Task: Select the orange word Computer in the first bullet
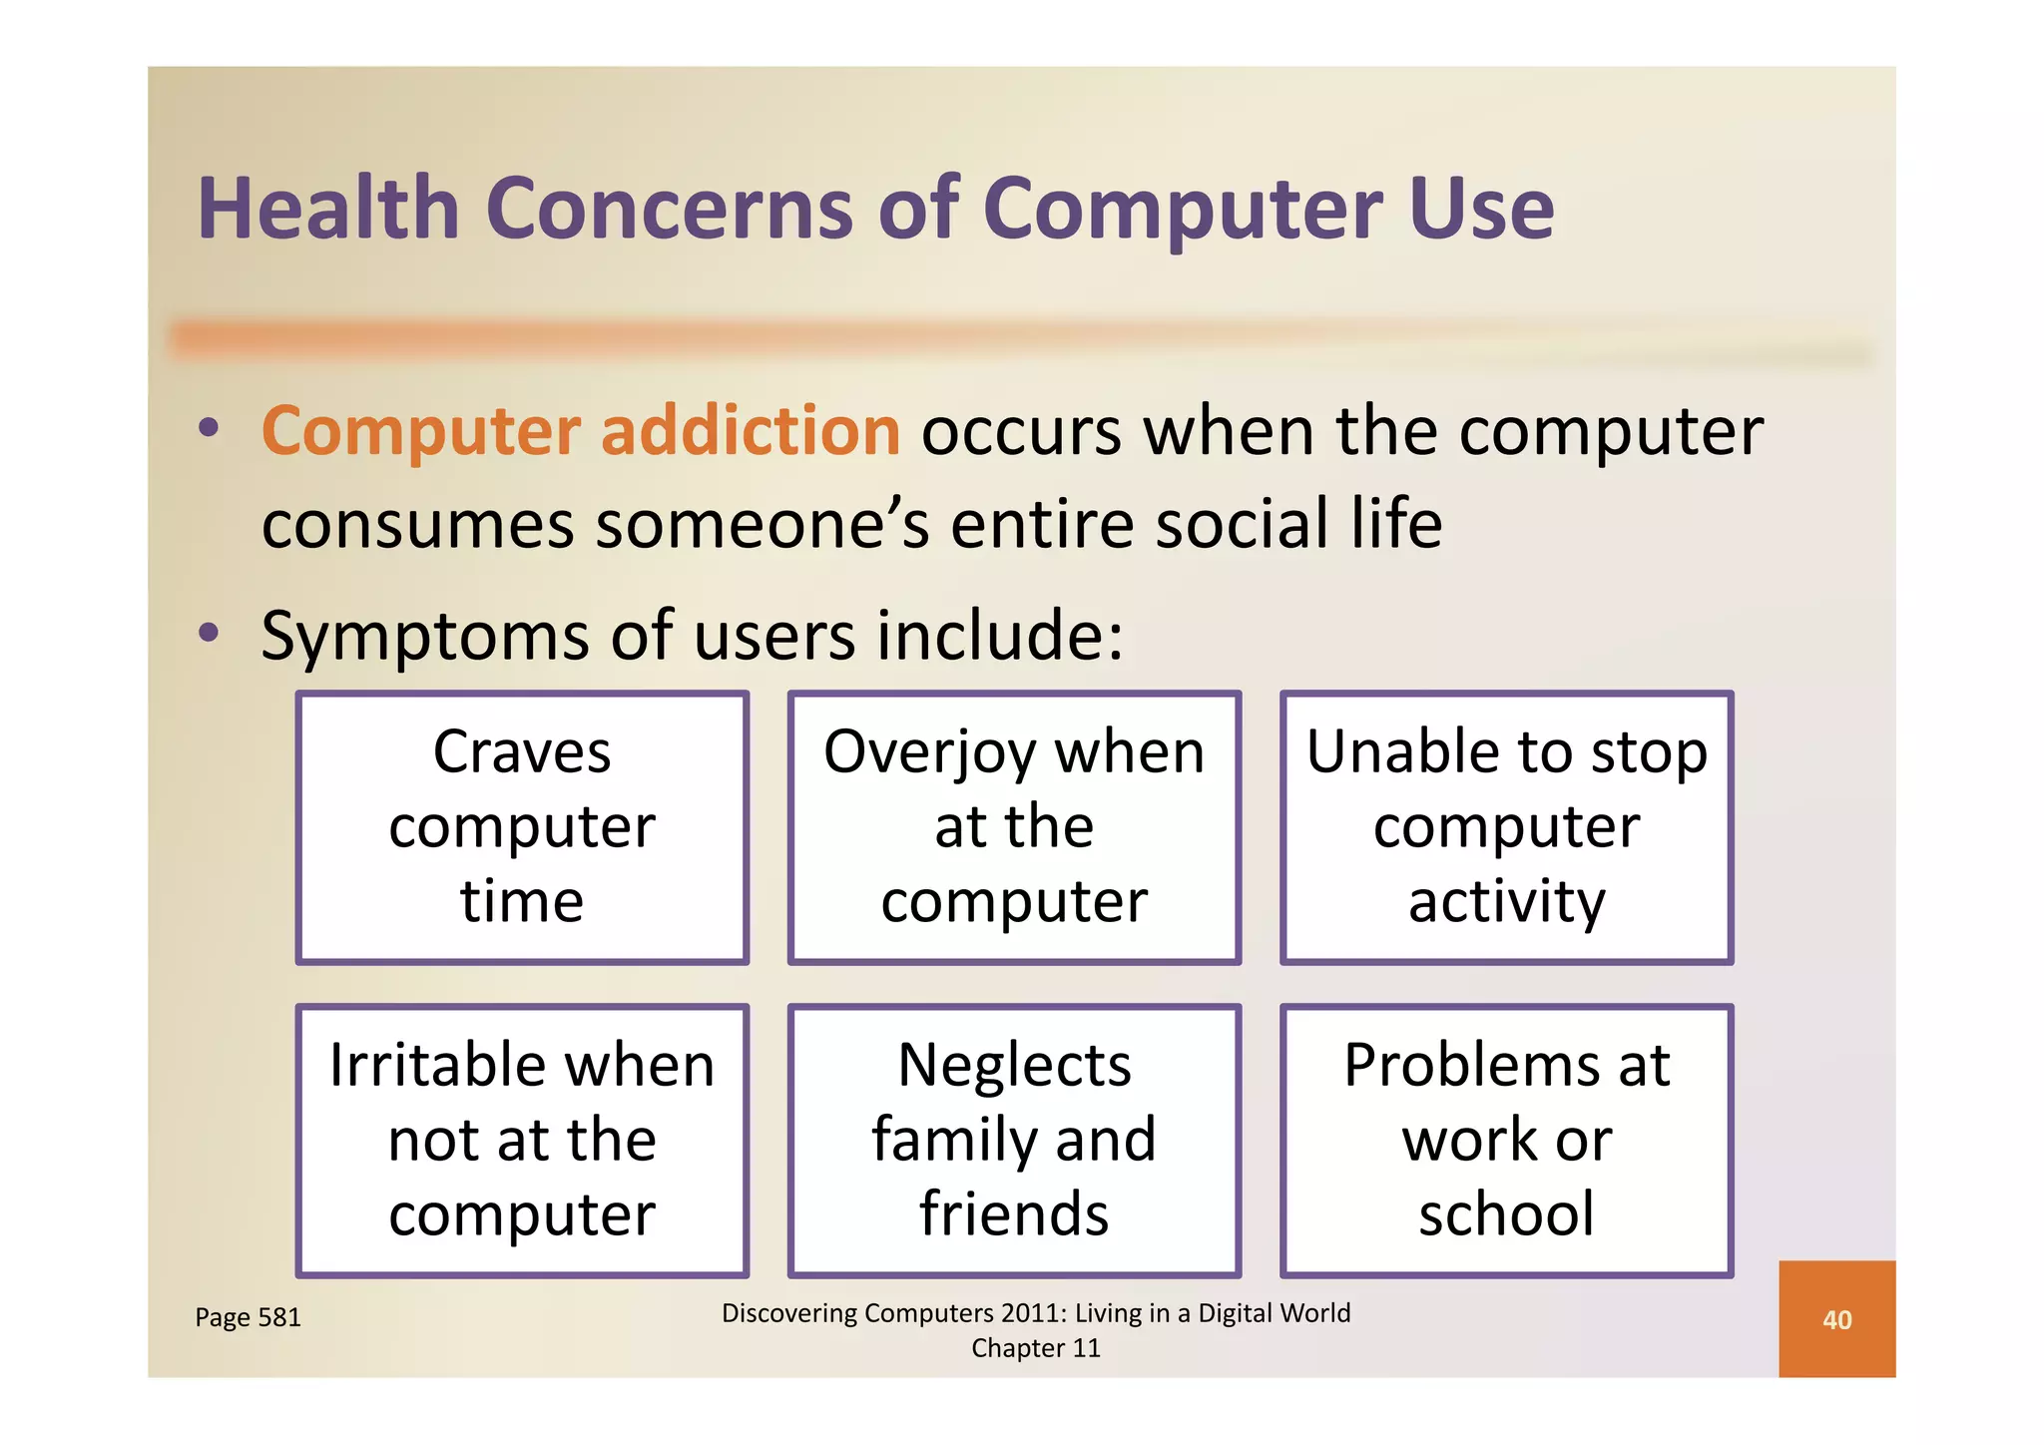click(420, 433)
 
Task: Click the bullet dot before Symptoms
click(208, 632)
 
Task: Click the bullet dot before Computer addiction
click(208, 428)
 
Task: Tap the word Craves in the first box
click(521, 751)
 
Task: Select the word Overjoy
click(929, 753)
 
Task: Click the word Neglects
click(1014, 1066)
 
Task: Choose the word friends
click(1014, 1213)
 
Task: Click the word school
click(1506, 1213)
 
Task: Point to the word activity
click(1506, 902)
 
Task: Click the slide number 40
click(1836, 1319)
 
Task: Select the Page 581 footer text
click(248, 1317)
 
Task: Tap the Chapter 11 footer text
click(1035, 1348)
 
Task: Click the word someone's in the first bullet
click(763, 525)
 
